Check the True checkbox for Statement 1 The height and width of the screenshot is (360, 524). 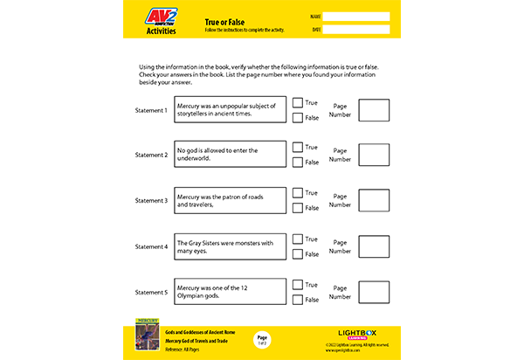pos(298,103)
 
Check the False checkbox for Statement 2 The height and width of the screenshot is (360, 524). pos(298,163)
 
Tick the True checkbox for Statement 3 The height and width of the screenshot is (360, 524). pos(298,193)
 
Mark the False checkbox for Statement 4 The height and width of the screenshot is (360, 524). pos(298,254)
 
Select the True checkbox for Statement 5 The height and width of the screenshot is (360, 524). pos(298,285)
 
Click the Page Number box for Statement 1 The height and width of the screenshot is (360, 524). pos(374,110)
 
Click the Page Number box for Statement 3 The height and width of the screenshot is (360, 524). pos(374,200)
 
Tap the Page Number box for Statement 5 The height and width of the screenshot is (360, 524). pos(374,292)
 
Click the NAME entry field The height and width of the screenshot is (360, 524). pos(356,16)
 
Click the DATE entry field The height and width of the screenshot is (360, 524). pos(356,29)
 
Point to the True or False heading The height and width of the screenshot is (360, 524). pos(224,20)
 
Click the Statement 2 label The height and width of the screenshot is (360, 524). pos(151,156)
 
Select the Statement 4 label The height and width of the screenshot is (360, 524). pos(151,246)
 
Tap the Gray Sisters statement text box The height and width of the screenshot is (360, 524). pos(230,246)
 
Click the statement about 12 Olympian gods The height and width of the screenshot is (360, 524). pos(230,292)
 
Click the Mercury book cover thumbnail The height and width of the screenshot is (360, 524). pos(148,336)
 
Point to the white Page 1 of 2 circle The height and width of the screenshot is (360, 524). pos(262,339)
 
